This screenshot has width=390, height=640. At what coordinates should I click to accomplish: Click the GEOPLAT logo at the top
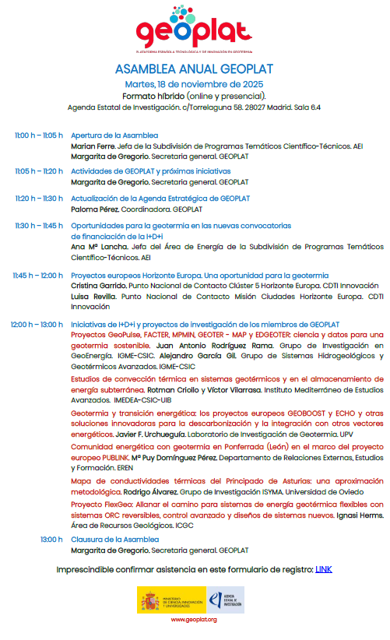point(195,30)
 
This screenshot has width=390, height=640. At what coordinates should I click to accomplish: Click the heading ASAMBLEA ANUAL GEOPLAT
point(195,69)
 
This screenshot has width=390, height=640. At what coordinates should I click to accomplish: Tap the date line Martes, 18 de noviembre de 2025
point(195,83)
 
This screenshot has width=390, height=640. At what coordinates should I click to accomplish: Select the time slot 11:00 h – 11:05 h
point(38,135)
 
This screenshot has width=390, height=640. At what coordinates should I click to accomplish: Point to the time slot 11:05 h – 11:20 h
point(38,171)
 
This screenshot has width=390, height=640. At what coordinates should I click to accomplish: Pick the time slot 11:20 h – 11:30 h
point(38,198)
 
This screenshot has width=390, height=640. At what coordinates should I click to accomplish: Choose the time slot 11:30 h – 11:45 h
point(38,225)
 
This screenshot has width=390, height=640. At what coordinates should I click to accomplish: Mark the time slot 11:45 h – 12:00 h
point(37,275)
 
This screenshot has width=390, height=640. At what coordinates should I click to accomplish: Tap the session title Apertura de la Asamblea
point(114,135)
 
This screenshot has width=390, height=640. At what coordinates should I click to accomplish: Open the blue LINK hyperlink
point(324,569)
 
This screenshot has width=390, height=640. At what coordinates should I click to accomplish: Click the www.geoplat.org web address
point(194,619)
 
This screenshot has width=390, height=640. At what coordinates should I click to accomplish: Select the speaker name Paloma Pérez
point(95,209)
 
